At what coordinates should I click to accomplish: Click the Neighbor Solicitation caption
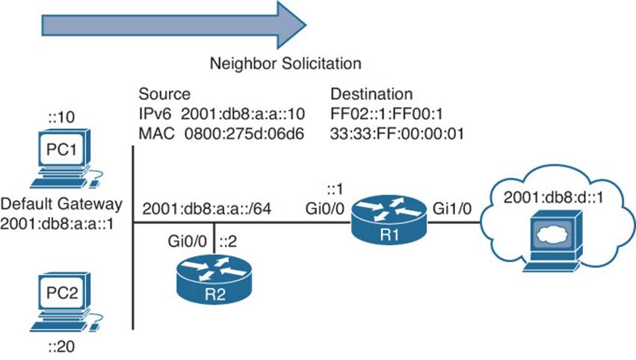pyautogui.click(x=285, y=63)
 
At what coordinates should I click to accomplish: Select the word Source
pyautogui.click(x=164, y=94)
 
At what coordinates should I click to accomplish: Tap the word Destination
pyautogui.click(x=371, y=94)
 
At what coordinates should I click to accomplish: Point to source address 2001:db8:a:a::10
pyautogui.click(x=243, y=114)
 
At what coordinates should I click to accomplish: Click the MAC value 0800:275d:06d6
pyautogui.click(x=244, y=134)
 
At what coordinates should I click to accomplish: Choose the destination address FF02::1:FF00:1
pyautogui.click(x=386, y=114)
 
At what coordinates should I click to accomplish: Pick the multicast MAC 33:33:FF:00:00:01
pyautogui.click(x=397, y=134)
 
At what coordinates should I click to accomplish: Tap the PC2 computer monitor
pyautogui.click(x=61, y=293)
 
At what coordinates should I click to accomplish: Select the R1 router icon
pyautogui.click(x=389, y=219)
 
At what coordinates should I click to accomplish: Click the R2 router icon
pyautogui.click(x=214, y=279)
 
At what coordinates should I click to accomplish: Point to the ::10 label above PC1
pyautogui.click(x=61, y=117)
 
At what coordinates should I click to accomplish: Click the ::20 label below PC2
pyautogui.click(x=61, y=347)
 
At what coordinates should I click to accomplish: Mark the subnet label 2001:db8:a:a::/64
pyautogui.click(x=207, y=209)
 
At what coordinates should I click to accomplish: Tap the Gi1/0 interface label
pyautogui.click(x=452, y=209)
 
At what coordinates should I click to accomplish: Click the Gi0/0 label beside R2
pyautogui.click(x=188, y=242)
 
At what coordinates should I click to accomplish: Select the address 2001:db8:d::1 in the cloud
pyautogui.click(x=554, y=197)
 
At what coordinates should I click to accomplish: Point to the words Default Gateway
pyautogui.click(x=61, y=204)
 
